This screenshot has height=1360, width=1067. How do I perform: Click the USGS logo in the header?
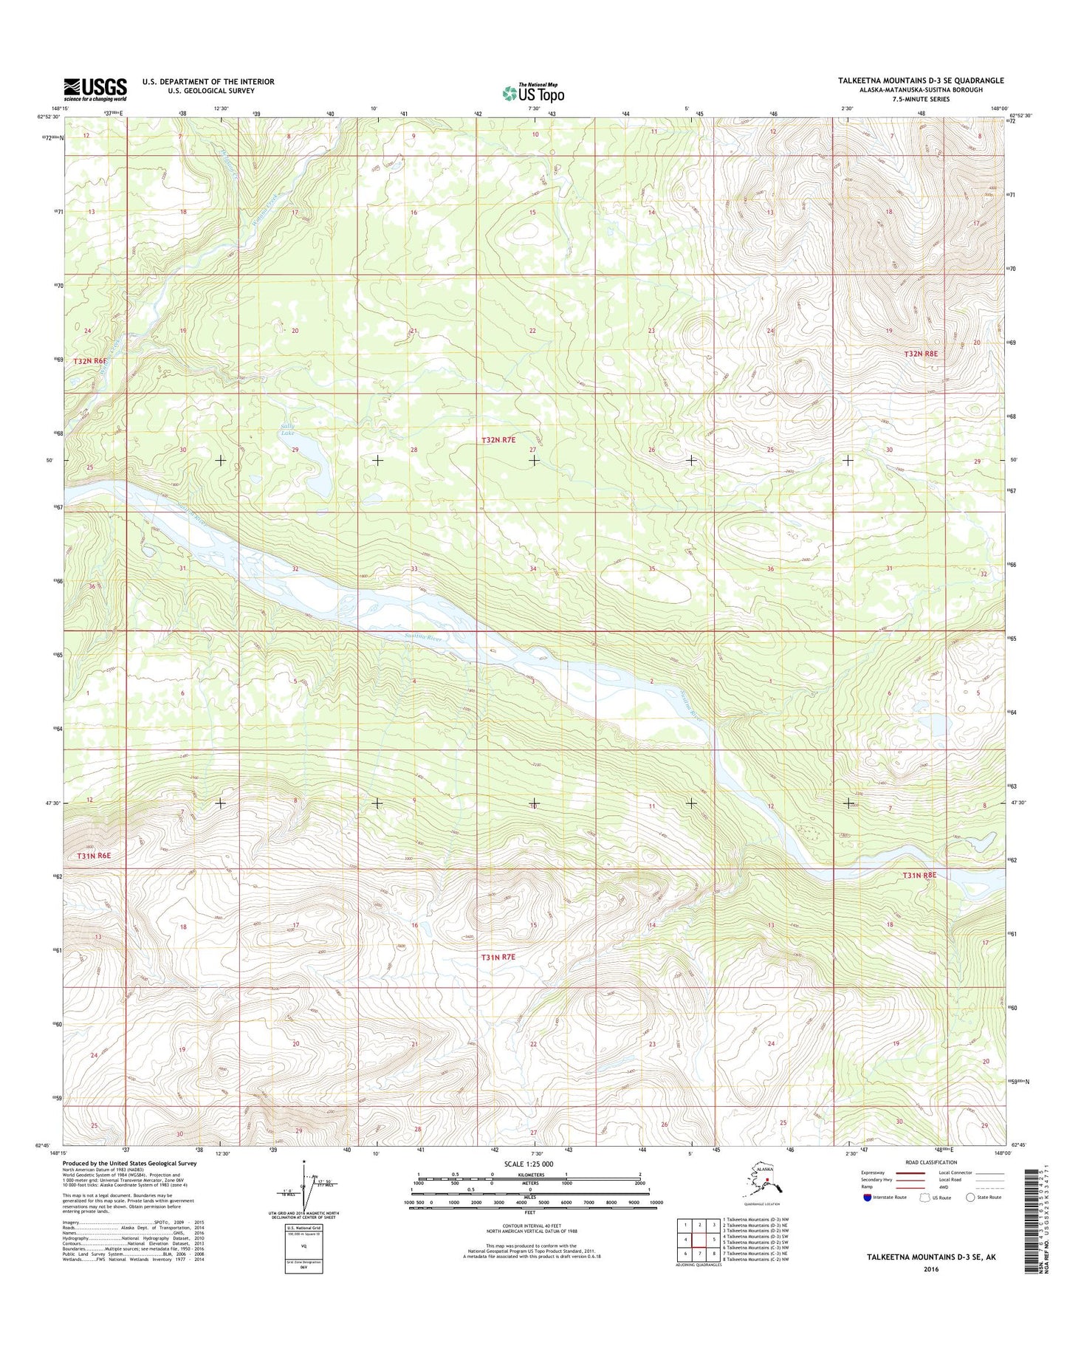coord(95,89)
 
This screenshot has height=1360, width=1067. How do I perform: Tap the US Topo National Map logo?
coord(533,92)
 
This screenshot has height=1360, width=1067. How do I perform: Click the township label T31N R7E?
coord(498,957)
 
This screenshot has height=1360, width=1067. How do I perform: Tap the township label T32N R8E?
coord(920,354)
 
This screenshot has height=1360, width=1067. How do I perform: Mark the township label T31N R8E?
coord(919,875)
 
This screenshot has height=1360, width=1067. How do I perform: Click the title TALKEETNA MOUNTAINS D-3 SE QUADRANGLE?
coord(920,80)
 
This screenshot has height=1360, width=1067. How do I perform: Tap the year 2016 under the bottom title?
coord(930,1270)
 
